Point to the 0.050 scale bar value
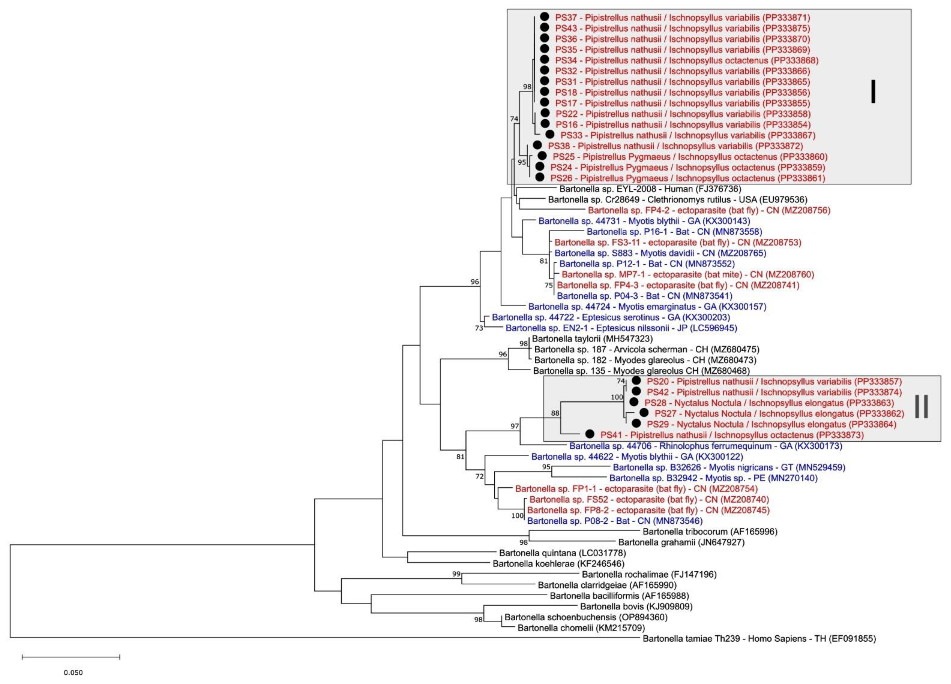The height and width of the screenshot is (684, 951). pyautogui.click(x=73, y=673)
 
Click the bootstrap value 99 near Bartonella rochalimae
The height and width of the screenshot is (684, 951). pyautogui.click(x=456, y=574)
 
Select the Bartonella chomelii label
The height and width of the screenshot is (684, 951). pyautogui.click(x=574, y=628)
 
